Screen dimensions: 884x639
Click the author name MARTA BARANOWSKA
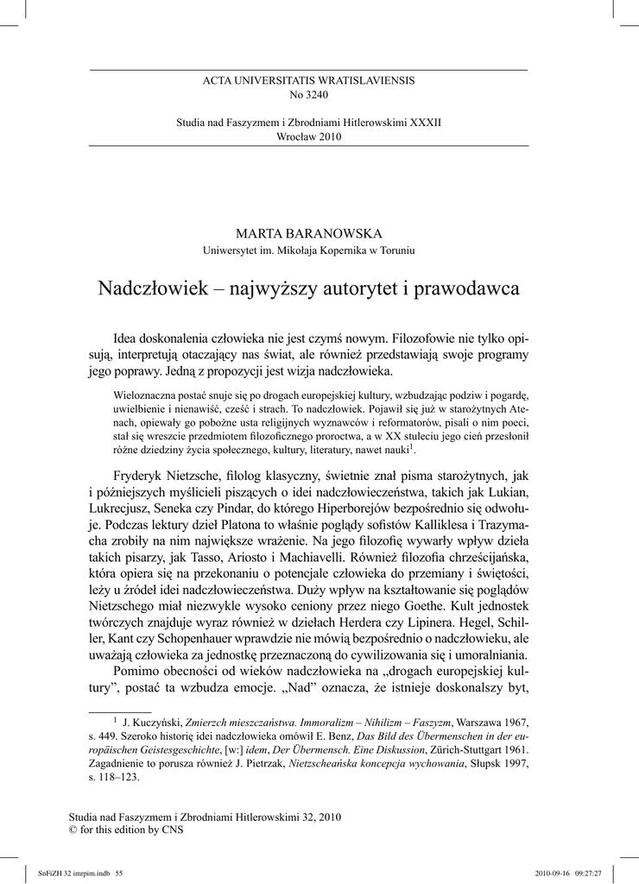tap(308, 234)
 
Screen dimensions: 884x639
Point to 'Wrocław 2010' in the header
tap(308, 136)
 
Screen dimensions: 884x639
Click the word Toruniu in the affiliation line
tap(396, 250)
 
